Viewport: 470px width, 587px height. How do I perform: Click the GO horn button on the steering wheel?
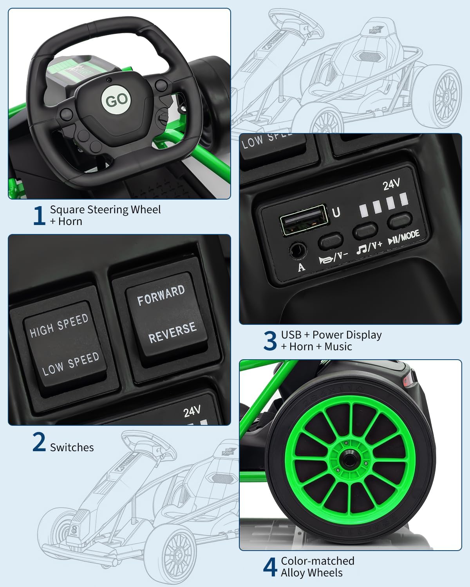tap(116, 100)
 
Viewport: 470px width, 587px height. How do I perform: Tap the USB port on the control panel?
tap(303, 220)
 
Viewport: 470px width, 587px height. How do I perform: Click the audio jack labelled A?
tap(298, 250)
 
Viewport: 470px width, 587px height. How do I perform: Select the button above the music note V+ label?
tap(365, 231)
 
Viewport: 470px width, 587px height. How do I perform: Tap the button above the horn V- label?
tap(331, 241)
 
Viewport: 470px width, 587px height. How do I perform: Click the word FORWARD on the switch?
tap(161, 295)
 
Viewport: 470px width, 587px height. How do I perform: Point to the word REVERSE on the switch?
tap(172, 332)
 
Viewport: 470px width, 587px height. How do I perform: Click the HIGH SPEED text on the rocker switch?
tap(59, 326)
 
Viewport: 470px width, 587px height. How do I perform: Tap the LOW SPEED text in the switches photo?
tap(70, 364)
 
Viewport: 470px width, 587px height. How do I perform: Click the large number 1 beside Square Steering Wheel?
tap(38, 215)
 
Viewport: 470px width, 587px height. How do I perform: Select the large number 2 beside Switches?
tap(39, 442)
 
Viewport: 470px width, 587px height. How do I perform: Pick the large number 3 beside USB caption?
tap(270, 340)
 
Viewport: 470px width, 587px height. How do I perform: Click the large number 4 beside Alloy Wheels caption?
tap(270, 567)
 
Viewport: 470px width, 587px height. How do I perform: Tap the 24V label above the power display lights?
tap(391, 184)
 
